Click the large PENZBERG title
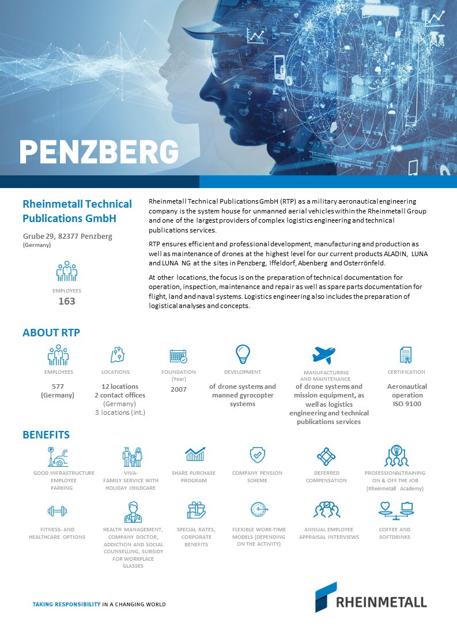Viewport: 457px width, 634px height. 99,151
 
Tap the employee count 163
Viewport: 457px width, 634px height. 67,301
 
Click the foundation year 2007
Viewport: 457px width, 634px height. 179,389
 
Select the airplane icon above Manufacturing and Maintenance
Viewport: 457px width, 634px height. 323,354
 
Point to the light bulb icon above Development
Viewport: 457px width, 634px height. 243,353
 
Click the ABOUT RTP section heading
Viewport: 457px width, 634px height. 51,333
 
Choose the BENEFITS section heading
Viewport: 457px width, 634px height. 46,434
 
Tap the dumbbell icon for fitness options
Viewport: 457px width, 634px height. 57,511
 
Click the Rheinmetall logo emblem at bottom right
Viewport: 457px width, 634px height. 326,597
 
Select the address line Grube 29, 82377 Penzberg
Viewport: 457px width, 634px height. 67,237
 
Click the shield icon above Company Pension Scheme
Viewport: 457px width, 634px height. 257,455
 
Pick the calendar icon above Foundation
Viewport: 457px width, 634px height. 178,355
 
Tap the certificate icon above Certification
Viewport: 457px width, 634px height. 406,355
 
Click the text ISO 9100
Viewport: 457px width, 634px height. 407,404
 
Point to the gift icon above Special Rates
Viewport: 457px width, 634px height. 196,510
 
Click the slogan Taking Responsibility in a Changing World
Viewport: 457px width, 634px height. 99,605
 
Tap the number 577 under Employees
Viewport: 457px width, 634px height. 58,387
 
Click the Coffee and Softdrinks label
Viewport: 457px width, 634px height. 395,533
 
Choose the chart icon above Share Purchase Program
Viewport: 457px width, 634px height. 194,455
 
